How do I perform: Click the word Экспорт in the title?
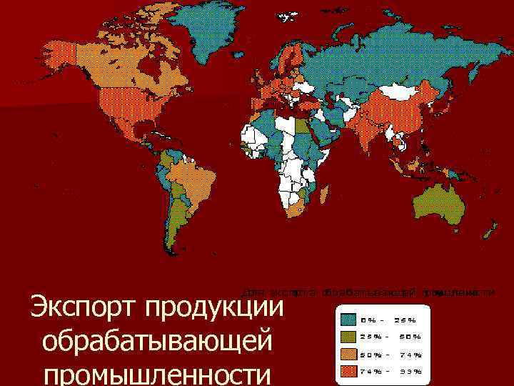[x=83, y=310]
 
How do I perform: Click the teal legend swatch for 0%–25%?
[x=348, y=320]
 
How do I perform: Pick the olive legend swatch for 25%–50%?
[x=348, y=337]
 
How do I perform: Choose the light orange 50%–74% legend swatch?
[x=348, y=354]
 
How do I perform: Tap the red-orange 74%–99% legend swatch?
[x=348, y=371]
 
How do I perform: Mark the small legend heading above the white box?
[x=368, y=292]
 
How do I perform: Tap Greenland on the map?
[x=207, y=29]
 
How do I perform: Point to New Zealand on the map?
[x=491, y=232]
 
